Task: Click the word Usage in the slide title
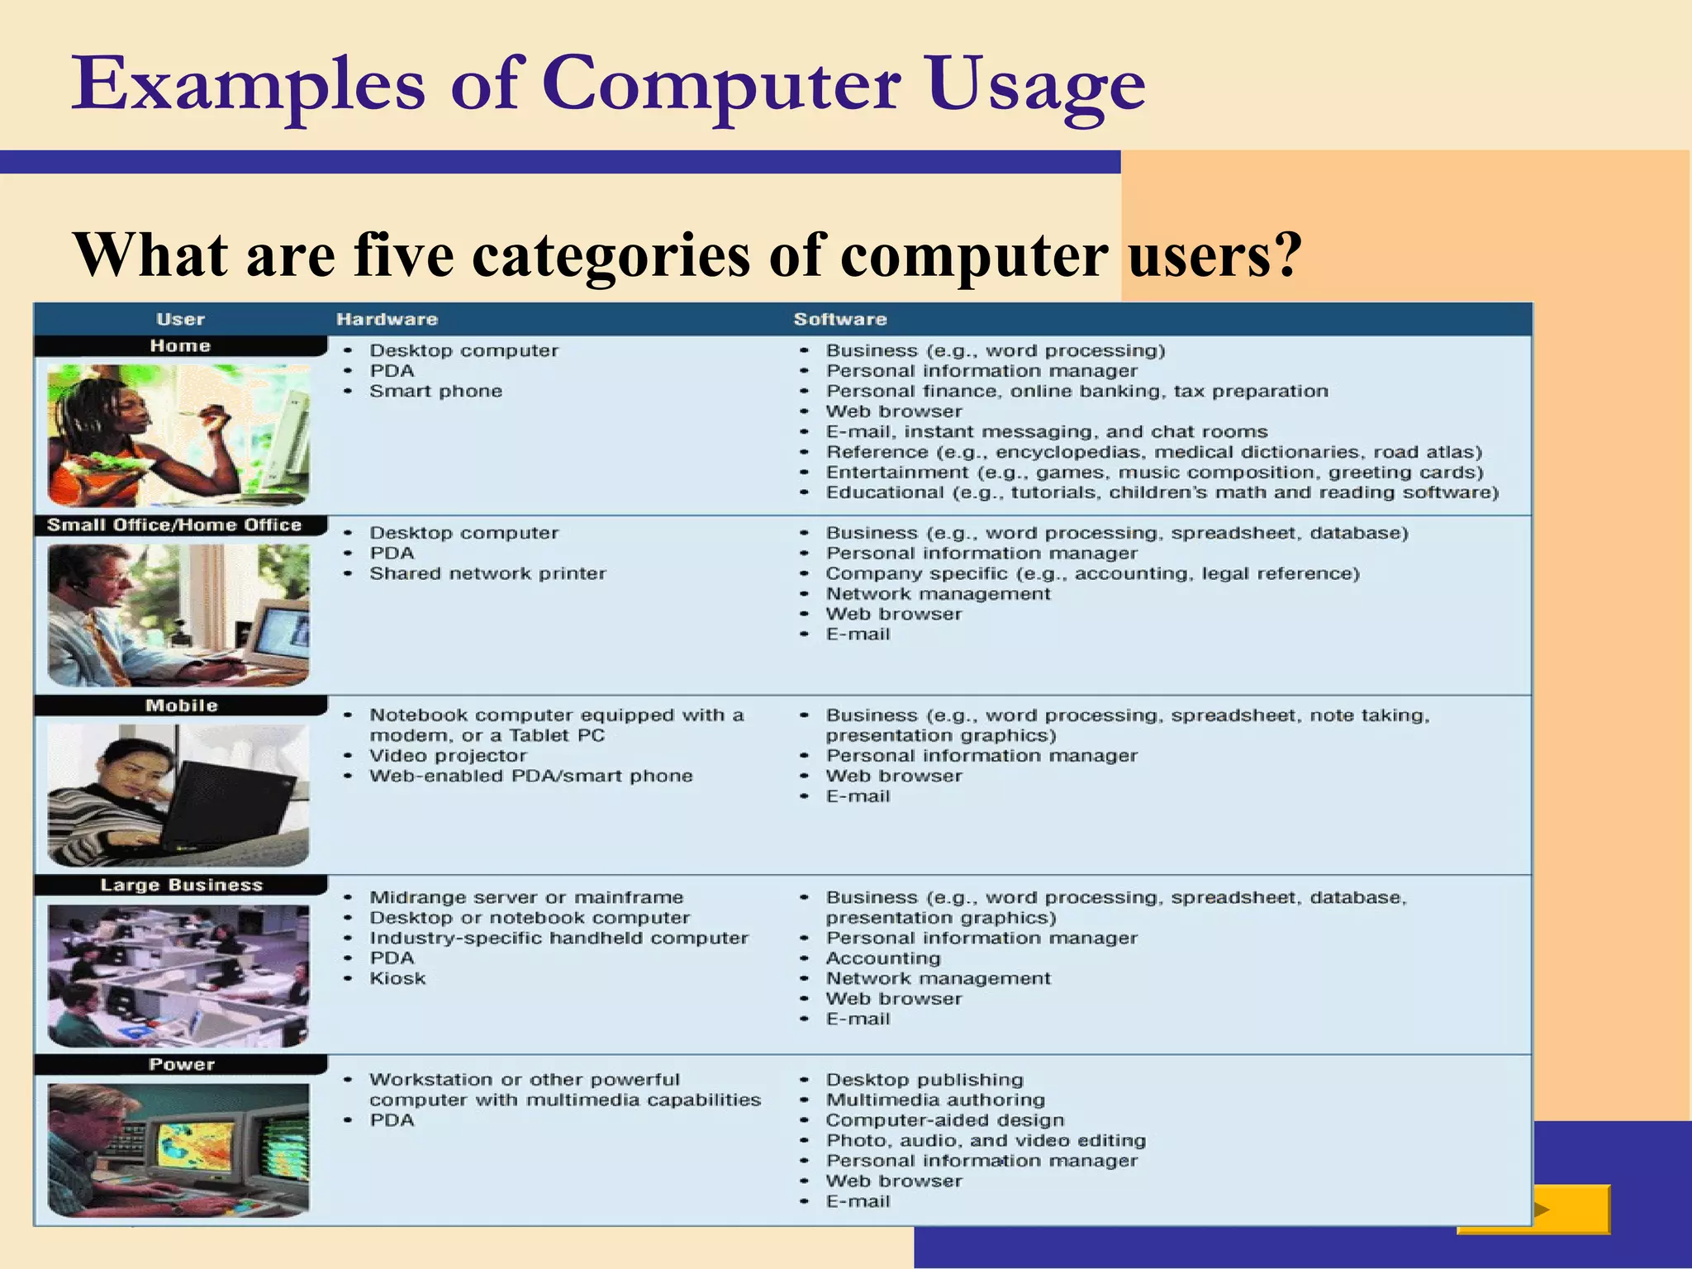(1036, 85)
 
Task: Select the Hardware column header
(387, 320)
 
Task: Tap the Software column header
(839, 320)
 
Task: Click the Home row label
(180, 346)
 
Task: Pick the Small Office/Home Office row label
(174, 525)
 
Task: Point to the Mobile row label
(181, 706)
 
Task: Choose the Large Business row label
(181, 885)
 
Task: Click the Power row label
(181, 1064)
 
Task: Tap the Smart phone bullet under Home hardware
(435, 392)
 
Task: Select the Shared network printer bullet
(487, 573)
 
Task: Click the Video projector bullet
(447, 756)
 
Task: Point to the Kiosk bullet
(397, 978)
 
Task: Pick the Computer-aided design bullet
(945, 1120)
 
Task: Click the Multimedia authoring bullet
(935, 1100)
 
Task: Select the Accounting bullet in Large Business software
(883, 958)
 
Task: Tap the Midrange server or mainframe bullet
(526, 897)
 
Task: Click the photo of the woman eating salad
(178, 435)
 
